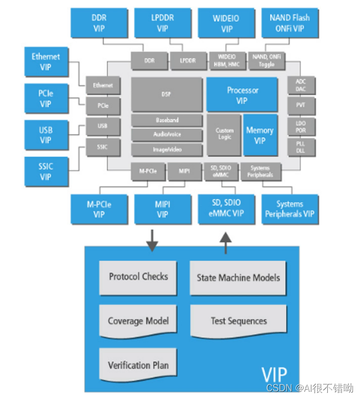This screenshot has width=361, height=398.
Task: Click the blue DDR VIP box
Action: tap(99, 23)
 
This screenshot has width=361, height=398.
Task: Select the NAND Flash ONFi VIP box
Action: tap(290, 23)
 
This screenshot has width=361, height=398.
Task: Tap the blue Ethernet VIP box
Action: tap(46, 62)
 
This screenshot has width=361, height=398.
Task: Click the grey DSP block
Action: tap(166, 94)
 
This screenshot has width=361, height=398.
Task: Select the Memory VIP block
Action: tap(259, 135)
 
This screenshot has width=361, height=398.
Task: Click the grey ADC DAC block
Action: tap(300, 86)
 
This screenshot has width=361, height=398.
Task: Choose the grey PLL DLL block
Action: tap(300, 146)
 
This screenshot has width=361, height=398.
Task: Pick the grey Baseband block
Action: tap(166, 120)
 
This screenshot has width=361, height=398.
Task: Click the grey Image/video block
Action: tap(166, 150)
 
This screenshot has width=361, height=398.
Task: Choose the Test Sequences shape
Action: tap(238, 321)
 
